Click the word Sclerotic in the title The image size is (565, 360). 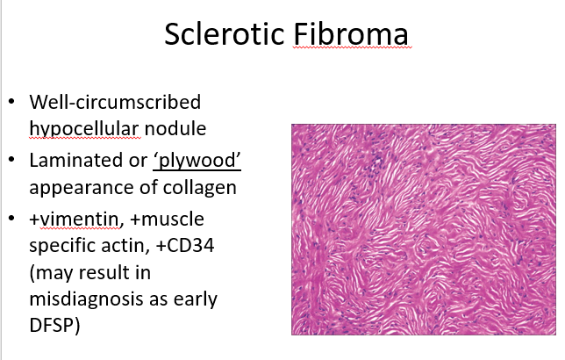(225, 34)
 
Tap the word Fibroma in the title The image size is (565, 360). (351, 34)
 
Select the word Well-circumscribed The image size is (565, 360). (115, 102)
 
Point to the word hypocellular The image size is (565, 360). (84, 129)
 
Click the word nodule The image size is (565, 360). (175, 128)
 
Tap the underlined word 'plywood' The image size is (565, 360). (197, 161)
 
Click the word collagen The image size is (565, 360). (200, 188)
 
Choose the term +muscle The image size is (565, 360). (168, 219)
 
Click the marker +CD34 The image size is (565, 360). (185, 246)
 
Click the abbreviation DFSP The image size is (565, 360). (52, 325)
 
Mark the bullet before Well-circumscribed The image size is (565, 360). (11, 101)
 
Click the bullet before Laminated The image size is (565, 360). (11, 160)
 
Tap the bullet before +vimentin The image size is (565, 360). (11, 219)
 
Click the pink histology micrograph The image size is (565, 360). (424, 229)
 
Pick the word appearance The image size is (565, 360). (93, 188)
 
